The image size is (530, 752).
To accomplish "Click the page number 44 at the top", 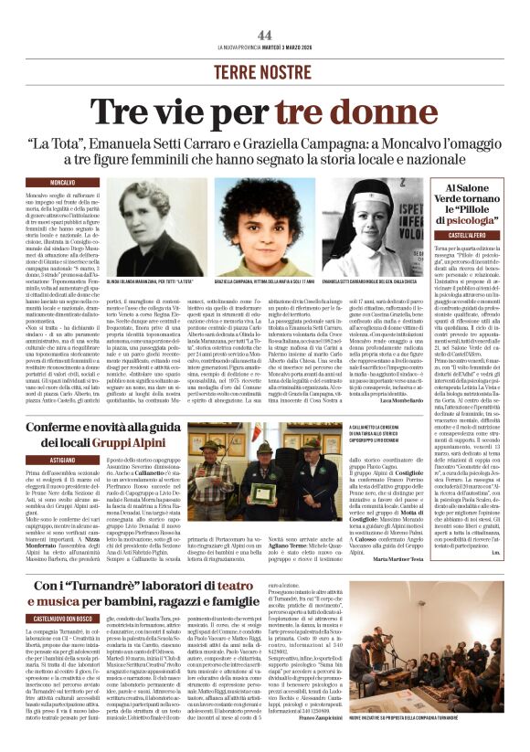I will pyautogui.click(x=265, y=35).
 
